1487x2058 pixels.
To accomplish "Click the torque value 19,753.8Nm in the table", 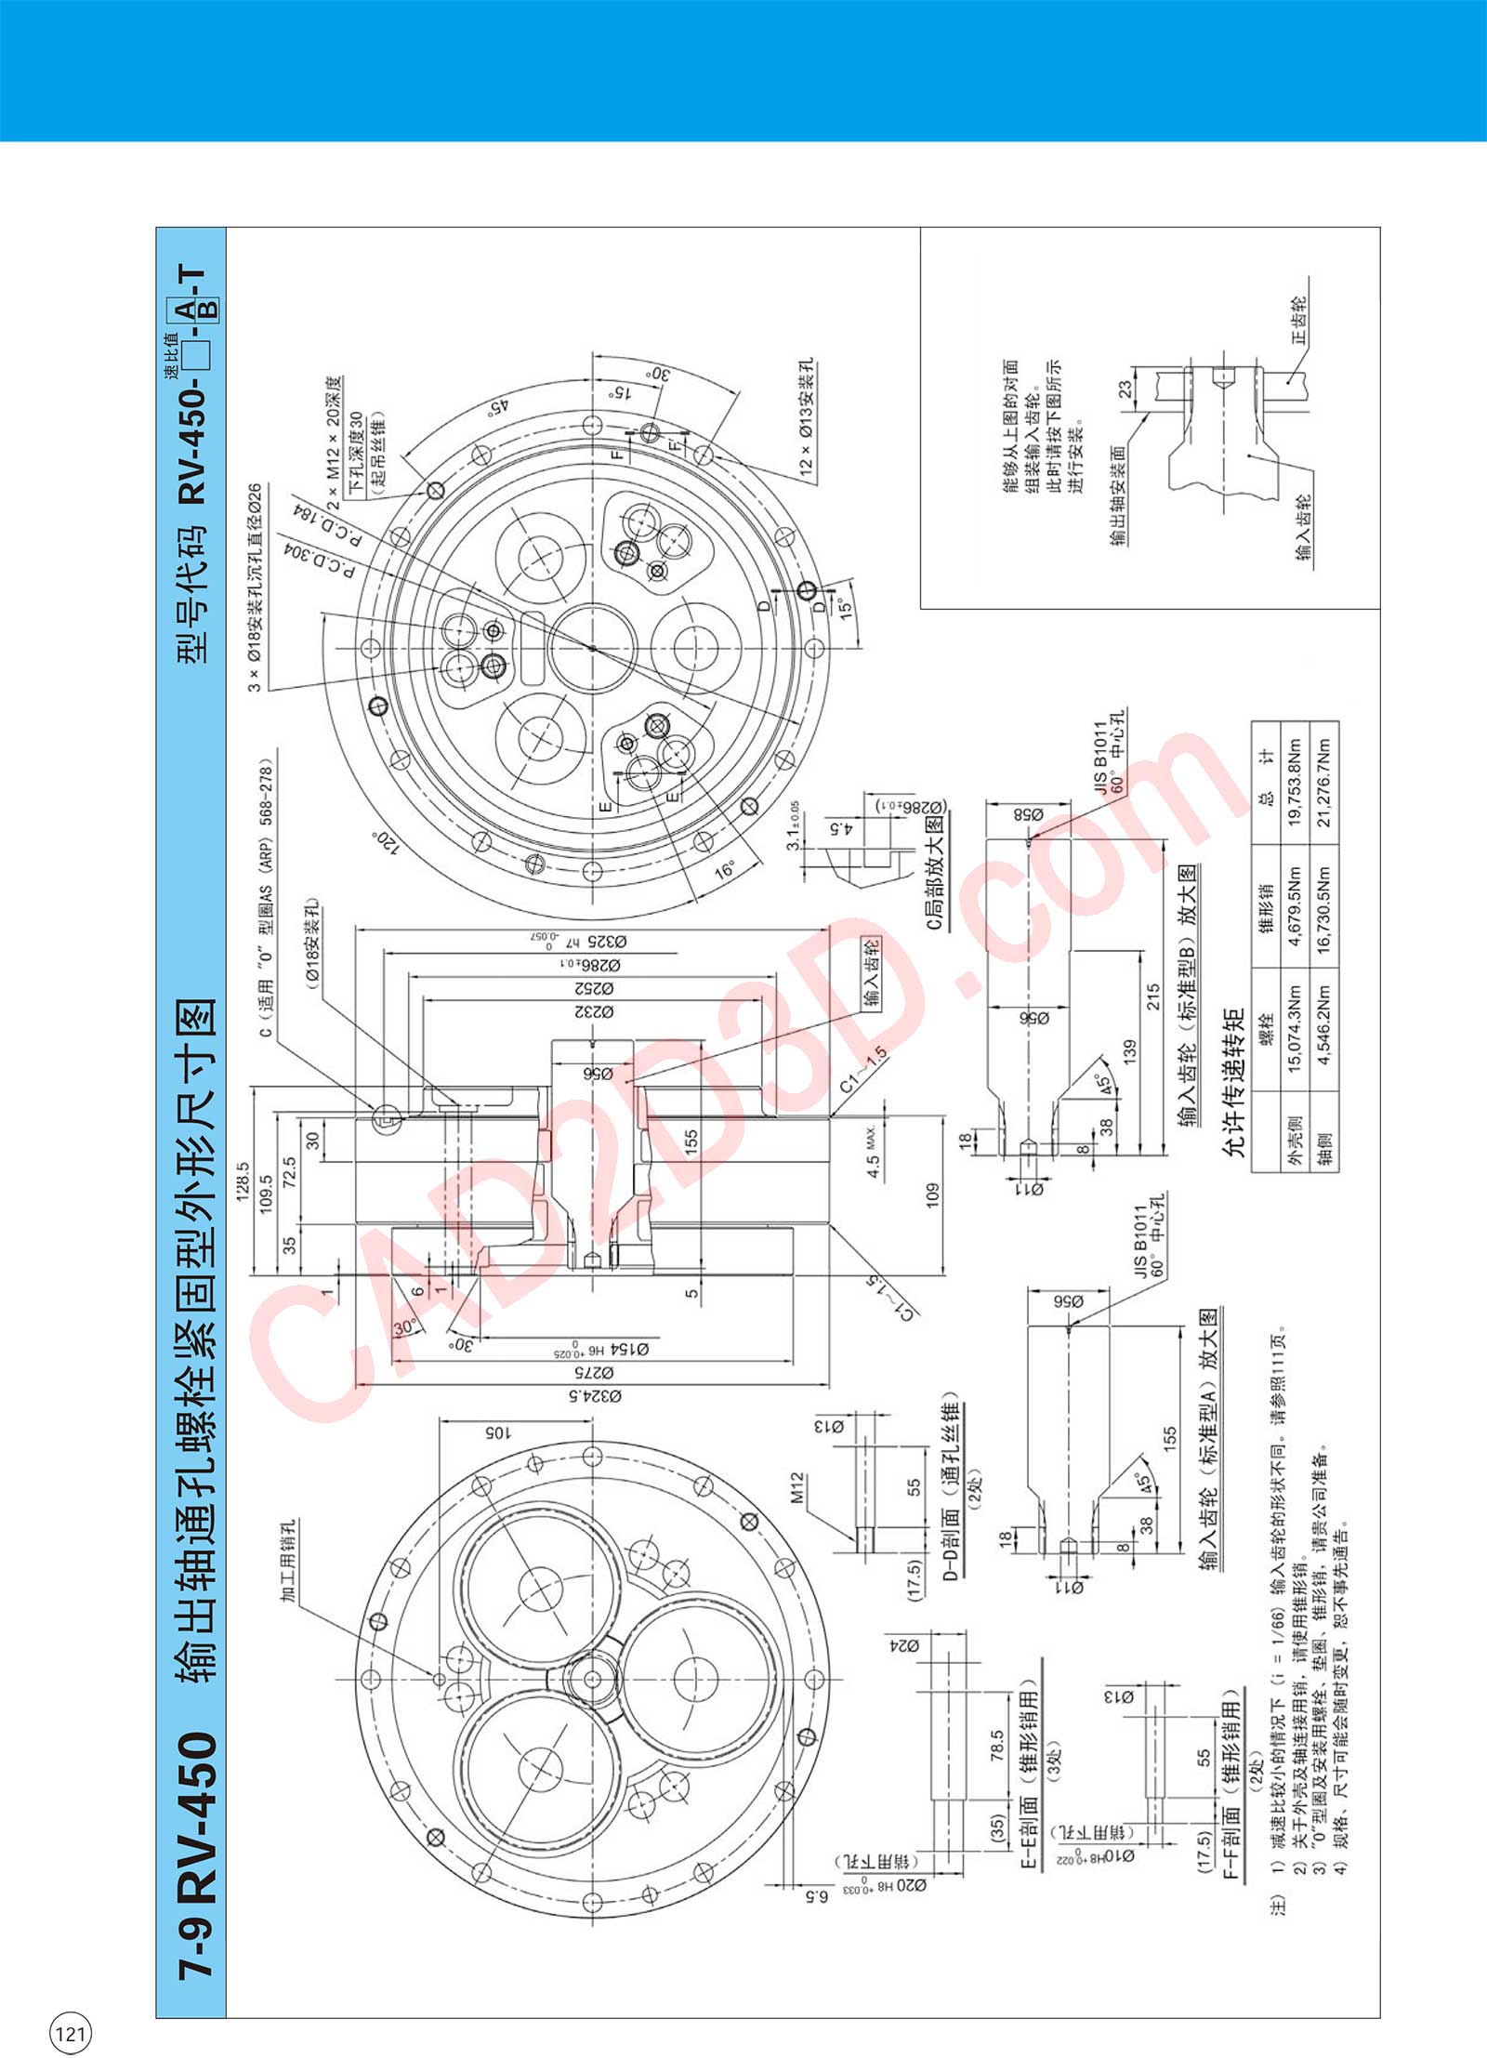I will click(x=1295, y=783).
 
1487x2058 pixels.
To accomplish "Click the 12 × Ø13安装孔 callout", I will click(x=807, y=417).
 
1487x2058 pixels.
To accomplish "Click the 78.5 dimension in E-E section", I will click(x=997, y=1745).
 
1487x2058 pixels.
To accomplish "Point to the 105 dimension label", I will click(x=498, y=1432).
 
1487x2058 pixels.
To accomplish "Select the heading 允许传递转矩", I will click(x=1234, y=1081).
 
